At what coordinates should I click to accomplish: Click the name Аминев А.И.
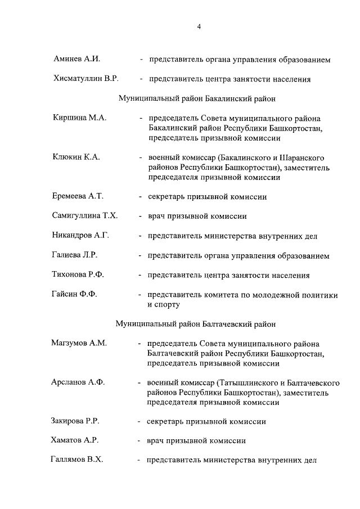click(x=76, y=59)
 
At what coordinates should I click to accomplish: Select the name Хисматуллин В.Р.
click(x=85, y=79)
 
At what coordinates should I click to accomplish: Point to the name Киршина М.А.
click(x=79, y=119)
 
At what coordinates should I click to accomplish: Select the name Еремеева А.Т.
click(x=78, y=196)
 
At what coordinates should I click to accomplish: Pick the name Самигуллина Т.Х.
click(x=85, y=215)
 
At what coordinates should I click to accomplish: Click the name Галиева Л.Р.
click(x=75, y=255)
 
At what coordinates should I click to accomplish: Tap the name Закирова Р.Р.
click(x=76, y=421)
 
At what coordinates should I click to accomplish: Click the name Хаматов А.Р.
click(x=75, y=440)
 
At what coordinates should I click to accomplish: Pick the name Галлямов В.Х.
click(x=78, y=460)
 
